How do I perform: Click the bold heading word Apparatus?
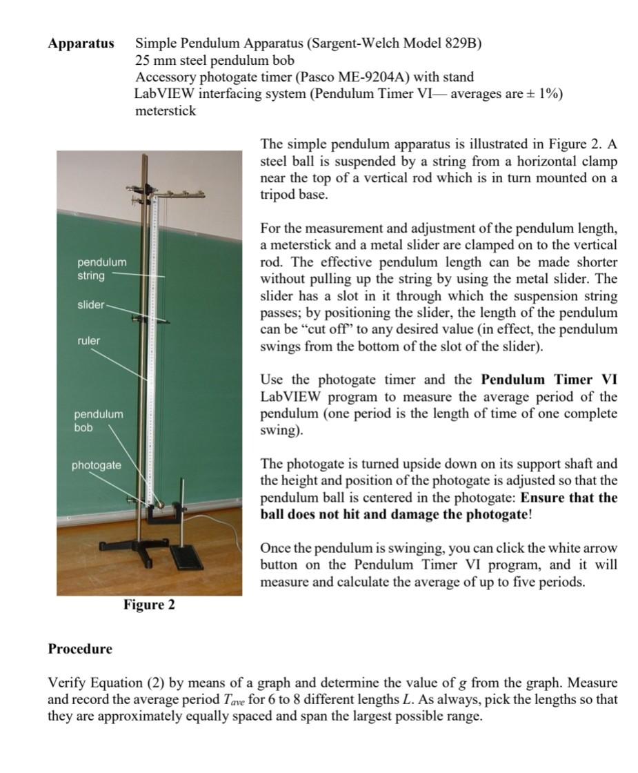point(81,43)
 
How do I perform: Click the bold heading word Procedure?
point(79,649)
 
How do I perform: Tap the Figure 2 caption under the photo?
point(149,605)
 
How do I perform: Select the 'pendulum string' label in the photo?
point(101,269)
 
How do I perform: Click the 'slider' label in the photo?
point(91,304)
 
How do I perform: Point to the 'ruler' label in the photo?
point(88,340)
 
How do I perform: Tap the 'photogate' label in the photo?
point(96,465)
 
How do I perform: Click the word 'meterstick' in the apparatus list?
point(166,110)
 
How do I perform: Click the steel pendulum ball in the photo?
point(159,504)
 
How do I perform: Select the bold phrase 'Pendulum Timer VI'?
point(549,380)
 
